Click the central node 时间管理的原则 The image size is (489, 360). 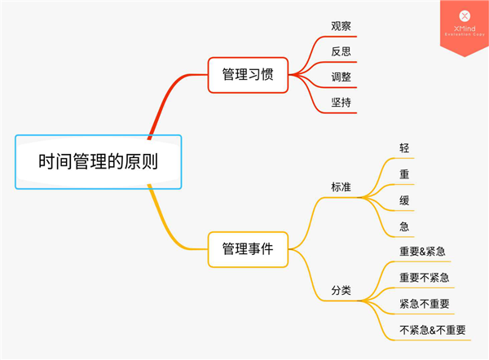tap(98, 161)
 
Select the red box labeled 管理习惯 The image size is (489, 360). tap(248, 74)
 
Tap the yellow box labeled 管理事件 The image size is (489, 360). tap(248, 249)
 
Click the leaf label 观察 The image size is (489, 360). tap(341, 26)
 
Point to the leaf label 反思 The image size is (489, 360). tap(341, 51)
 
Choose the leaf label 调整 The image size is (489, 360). tap(341, 77)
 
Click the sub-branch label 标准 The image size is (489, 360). tap(341, 187)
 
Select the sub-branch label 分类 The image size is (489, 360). tap(341, 289)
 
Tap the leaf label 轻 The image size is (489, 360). tap(404, 148)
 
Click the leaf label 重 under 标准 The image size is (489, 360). tap(404, 174)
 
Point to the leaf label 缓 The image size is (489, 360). tap(404, 200)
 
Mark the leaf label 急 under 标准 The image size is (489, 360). tap(404, 226)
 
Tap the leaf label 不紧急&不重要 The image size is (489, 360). tap(433, 330)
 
